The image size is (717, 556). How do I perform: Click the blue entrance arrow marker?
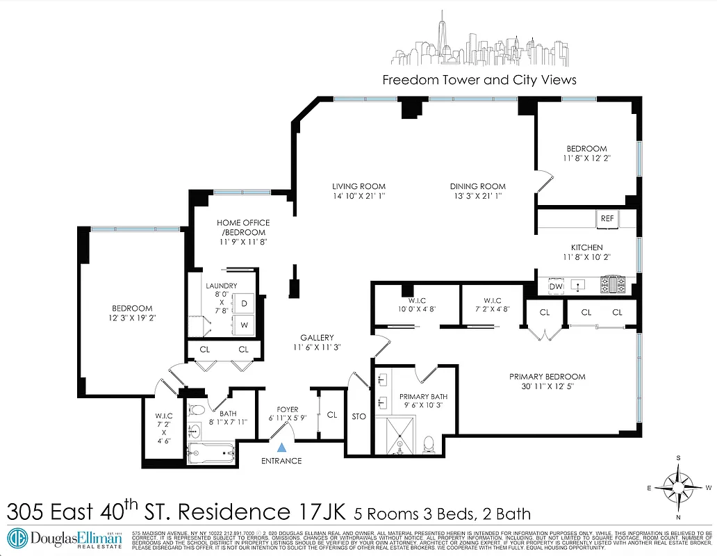point(281,448)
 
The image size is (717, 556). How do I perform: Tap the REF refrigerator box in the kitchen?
point(607,218)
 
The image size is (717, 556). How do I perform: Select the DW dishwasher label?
point(556,286)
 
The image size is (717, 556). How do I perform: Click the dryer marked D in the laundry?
point(245,304)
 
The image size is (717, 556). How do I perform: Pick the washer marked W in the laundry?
point(245,325)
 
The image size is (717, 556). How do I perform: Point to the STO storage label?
point(359,416)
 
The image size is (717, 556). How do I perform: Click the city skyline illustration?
point(479,49)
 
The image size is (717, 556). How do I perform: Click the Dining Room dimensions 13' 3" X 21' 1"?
point(477,197)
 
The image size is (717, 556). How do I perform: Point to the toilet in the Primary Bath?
point(429,442)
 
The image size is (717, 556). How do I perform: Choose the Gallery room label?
point(317,337)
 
